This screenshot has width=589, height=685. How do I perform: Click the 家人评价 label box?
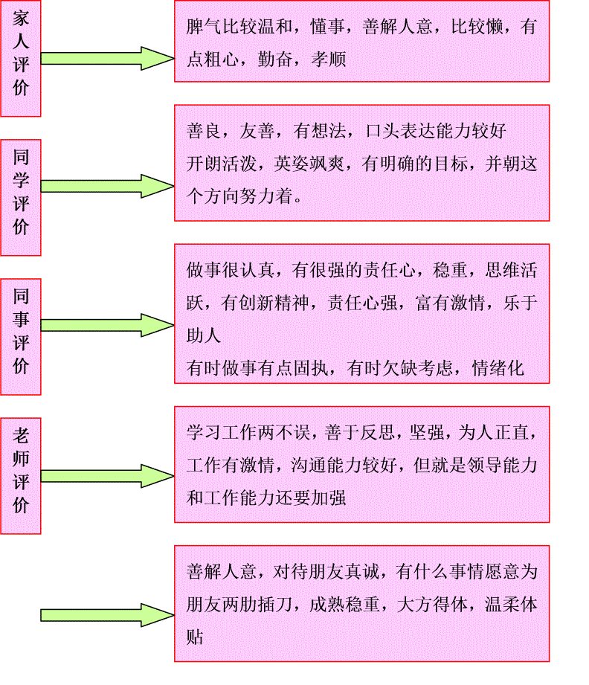(21, 58)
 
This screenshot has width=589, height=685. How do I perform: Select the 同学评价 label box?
(21, 197)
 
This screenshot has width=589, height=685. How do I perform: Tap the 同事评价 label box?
(21, 337)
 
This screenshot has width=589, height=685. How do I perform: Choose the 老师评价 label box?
(21, 476)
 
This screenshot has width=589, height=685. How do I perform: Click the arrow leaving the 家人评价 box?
(108, 58)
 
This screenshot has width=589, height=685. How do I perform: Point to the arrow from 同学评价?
(108, 186)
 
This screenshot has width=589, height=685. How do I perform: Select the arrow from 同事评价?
(108, 325)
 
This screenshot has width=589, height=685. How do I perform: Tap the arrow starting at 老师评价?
(108, 476)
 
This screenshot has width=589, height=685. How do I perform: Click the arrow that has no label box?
(108, 615)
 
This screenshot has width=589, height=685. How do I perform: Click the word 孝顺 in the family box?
(328, 59)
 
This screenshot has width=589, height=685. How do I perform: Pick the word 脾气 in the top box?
(204, 27)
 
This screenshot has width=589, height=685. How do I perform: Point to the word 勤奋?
(275, 59)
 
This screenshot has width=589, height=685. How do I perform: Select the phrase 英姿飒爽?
(309, 164)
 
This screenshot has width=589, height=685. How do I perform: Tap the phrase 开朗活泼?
(222, 164)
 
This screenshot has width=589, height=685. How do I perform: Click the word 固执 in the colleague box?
(311, 368)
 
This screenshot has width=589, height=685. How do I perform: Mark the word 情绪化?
(498, 368)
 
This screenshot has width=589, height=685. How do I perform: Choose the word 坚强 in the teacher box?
(427, 432)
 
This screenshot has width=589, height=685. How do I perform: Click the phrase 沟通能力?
(326, 466)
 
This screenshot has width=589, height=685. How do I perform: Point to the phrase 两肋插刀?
(257, 605)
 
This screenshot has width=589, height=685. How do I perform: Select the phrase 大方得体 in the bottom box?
(431, 605)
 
